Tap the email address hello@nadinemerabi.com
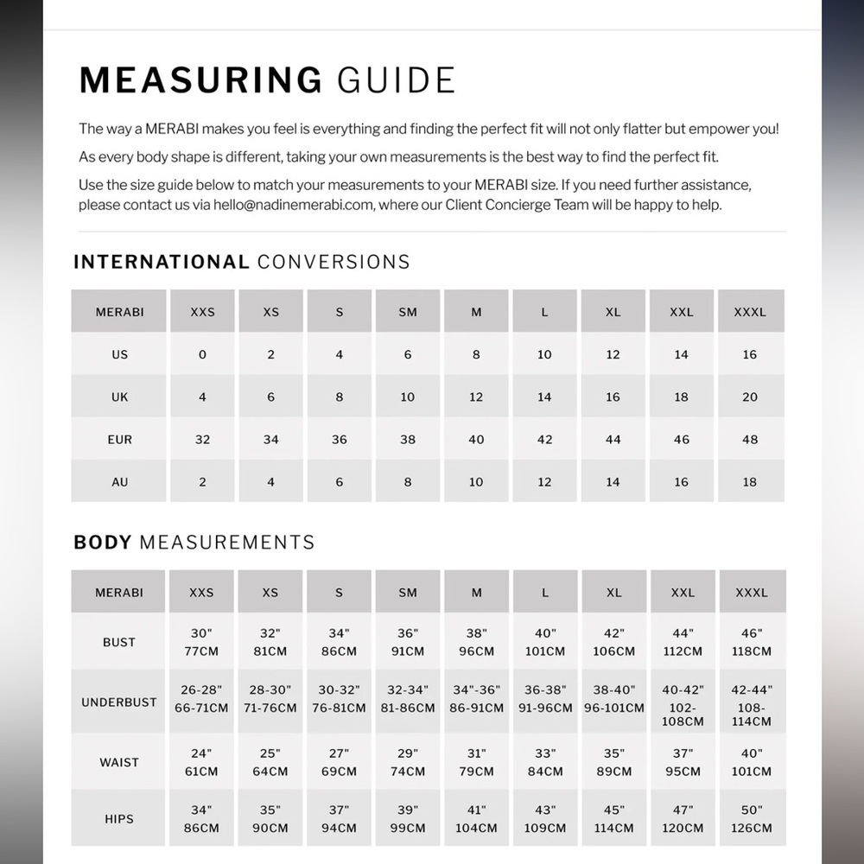[295, 206]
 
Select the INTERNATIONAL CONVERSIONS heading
[242, 262]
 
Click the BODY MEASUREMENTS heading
[194, 543]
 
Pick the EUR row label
[120, 440]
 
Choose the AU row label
[120, 482]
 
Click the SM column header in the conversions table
[408, 312]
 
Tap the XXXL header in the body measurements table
[751, 593]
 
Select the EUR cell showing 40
[476, 440]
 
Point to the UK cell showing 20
[750, 397]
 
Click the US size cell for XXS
[202, 354]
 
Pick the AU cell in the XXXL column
[750, 482]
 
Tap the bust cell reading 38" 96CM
[476, 642]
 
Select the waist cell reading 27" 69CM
[339, 762]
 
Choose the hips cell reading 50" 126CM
[751, 818]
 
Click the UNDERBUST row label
[119, 702]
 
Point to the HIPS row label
[119, 818]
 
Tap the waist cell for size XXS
[201, 762]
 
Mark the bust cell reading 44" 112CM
[683, 642]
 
